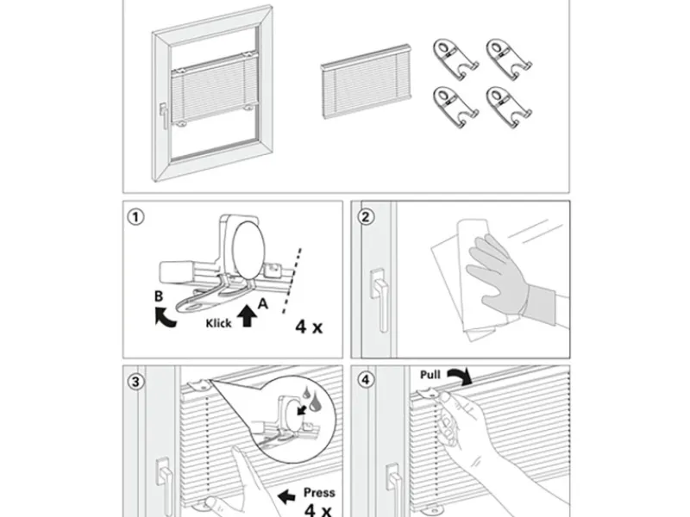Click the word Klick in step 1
218,325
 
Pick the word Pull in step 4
430,376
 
